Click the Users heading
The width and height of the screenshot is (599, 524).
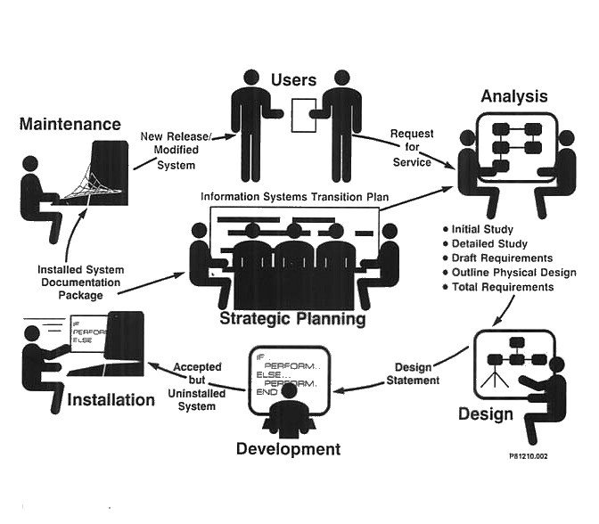(293, 80)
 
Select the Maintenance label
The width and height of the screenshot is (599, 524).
(70, 124)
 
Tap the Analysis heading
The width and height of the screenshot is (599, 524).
(514, 96)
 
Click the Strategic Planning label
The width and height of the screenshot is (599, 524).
(293, 318)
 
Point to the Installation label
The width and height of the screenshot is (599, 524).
(111, 400)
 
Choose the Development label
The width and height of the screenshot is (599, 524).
(288, 449)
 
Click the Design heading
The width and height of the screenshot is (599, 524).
(485, 413)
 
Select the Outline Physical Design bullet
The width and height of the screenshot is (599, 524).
(514, 273)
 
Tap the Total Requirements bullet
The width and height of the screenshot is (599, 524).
(503, 287)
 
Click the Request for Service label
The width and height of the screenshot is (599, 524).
(412, 148)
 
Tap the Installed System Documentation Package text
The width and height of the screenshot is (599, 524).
(81, 282)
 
